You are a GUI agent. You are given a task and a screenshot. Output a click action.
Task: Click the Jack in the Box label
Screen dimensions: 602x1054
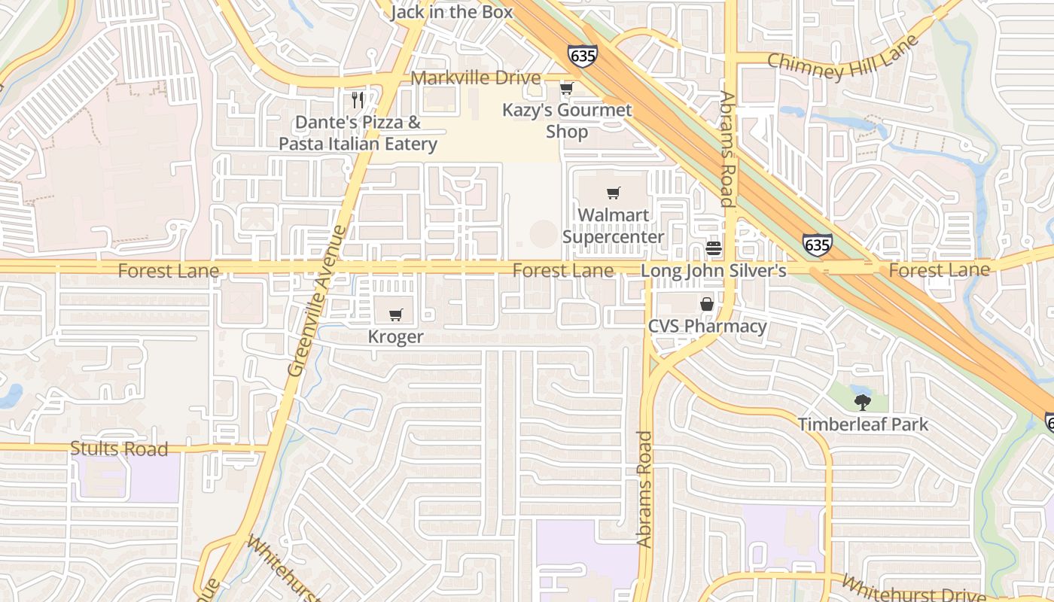pyautogui.click(x=452, y=12)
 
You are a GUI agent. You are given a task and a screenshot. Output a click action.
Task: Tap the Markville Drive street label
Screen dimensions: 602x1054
pyautogui.click(x=476, y=78)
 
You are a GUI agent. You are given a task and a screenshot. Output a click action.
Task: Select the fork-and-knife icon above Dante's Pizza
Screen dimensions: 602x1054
pyautogui.click(x=358, y=99)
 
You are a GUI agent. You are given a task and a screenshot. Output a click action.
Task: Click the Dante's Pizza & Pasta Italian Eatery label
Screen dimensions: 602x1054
pyautogui.click(x=358, y=133)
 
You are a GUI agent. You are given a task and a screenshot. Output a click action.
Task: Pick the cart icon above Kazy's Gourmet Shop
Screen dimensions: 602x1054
pyautogui.click(x=566, y=89)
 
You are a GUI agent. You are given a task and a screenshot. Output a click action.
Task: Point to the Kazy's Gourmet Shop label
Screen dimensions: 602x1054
pyautogui.click(x=567, y=120)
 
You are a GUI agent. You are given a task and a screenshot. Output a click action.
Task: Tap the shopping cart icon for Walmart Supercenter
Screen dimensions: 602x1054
pyautogui.click(x=614, y=193)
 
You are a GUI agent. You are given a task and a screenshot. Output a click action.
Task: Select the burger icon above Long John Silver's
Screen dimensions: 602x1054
pyautogui.click(x=714, y=248)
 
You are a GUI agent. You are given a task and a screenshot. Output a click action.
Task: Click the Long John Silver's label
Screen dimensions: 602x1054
pyautogui.click(x=713, y=270)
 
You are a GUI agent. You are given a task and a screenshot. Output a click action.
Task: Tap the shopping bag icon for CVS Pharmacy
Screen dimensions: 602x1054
pyautogui.click(x=707, y=305)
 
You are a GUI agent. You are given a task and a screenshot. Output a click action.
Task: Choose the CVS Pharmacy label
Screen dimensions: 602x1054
pyautogui.click(x=708, y=327)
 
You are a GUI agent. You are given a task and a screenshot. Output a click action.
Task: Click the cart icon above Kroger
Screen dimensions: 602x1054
pyautogui.click(x=396, y=315)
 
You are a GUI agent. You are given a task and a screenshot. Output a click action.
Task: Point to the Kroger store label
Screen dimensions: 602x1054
pyautogui.click(x=396, y=337)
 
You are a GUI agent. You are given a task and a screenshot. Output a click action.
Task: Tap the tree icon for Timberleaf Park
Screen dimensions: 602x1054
pyautogui.click(x=863, y=402)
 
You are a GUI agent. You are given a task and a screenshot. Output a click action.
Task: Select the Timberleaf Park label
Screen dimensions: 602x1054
pyautogui.click(x=864, y=424)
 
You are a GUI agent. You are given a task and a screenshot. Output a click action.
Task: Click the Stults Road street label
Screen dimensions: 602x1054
pyautogui.click(x=119, y=449)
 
